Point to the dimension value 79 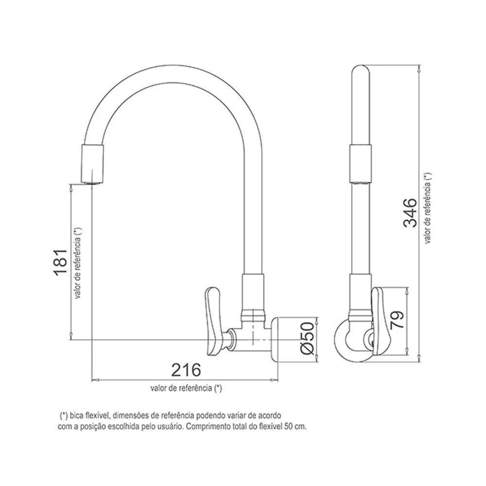click(x=398, y=321)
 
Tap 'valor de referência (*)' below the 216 click(x=186, y=388)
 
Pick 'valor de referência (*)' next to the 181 click(x=78, y=263)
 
